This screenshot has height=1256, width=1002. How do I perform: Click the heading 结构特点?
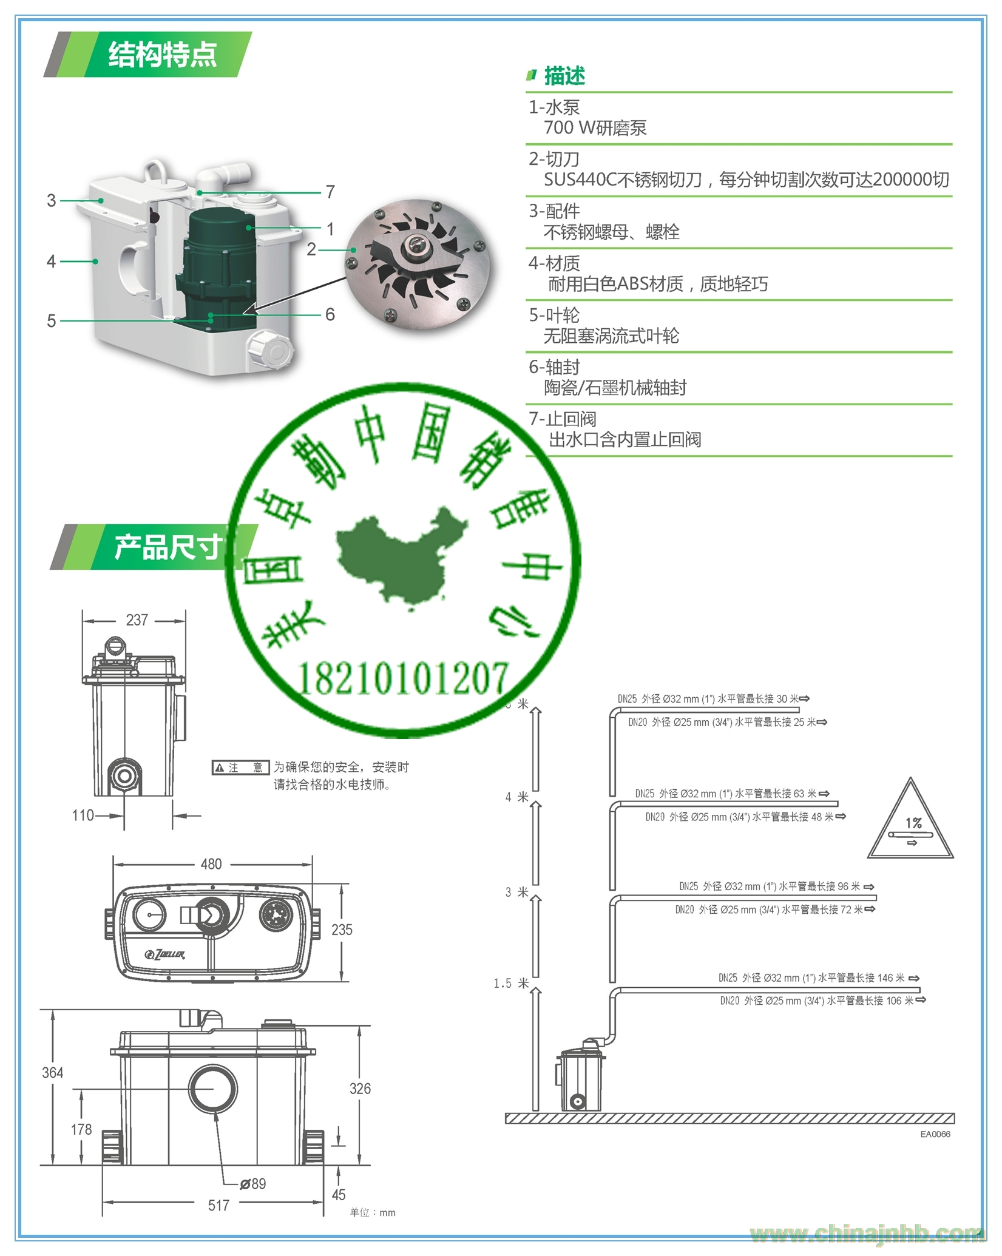[162, 55]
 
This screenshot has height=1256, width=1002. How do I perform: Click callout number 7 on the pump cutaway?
[330, 192]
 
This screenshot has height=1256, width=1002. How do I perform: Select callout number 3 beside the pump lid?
[52, 200]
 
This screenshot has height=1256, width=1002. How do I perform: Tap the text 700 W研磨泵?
[595, 128]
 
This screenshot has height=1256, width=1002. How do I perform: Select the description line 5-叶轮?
[554, 316]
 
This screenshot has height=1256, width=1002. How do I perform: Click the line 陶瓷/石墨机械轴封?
[615, 388]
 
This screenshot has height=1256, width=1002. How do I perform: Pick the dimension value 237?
[137, 620]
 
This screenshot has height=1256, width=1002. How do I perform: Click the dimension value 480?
[211, 864]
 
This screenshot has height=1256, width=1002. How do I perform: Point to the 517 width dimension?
[218, 1206]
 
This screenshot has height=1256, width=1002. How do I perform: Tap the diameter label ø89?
[253, 1184]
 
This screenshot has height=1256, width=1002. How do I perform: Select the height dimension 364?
[53, 1073]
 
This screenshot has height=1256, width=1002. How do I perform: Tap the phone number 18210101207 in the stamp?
[402, 678]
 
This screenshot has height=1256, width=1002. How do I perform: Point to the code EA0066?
[935, 1134]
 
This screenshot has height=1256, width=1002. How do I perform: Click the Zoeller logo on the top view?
[166, 954]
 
